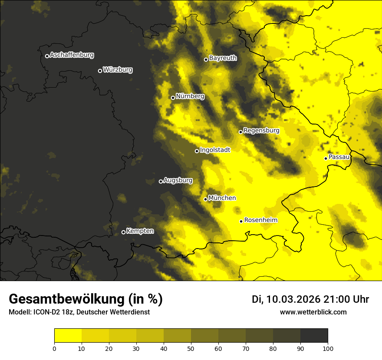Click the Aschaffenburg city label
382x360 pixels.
[72, 55]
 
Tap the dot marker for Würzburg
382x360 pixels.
[100, 71]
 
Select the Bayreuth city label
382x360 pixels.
[223, 58]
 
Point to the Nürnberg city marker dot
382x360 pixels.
[173, 98]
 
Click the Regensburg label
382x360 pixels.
[261, 130]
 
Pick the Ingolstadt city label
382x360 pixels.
[215, 150]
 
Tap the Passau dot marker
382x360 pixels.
[326, 158]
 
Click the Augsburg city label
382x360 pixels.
[178, 180]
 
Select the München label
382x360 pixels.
[222, 198]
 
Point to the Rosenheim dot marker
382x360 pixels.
[241, 222]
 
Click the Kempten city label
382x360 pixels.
[140, 231]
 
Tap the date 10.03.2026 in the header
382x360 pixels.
[293, 299]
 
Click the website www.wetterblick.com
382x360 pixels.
[313, 312]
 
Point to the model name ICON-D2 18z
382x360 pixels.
[51, 312]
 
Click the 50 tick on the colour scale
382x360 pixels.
[191, 348]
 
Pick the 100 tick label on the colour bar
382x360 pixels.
[328, 348]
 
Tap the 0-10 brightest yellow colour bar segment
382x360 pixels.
[68, 335]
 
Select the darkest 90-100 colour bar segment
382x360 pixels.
[314, 335]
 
